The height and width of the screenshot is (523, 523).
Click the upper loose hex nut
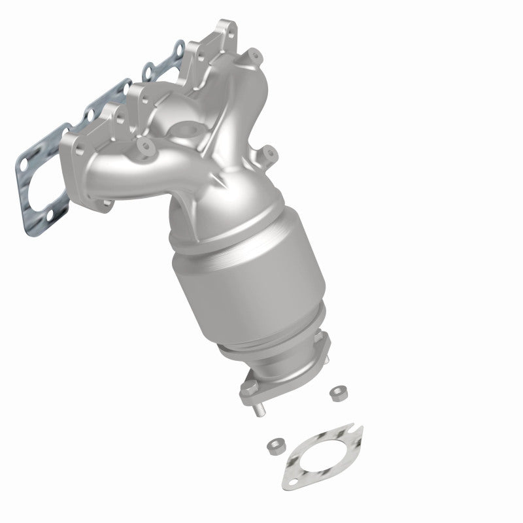(339, 392)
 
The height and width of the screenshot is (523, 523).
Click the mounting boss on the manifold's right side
(268, 155)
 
